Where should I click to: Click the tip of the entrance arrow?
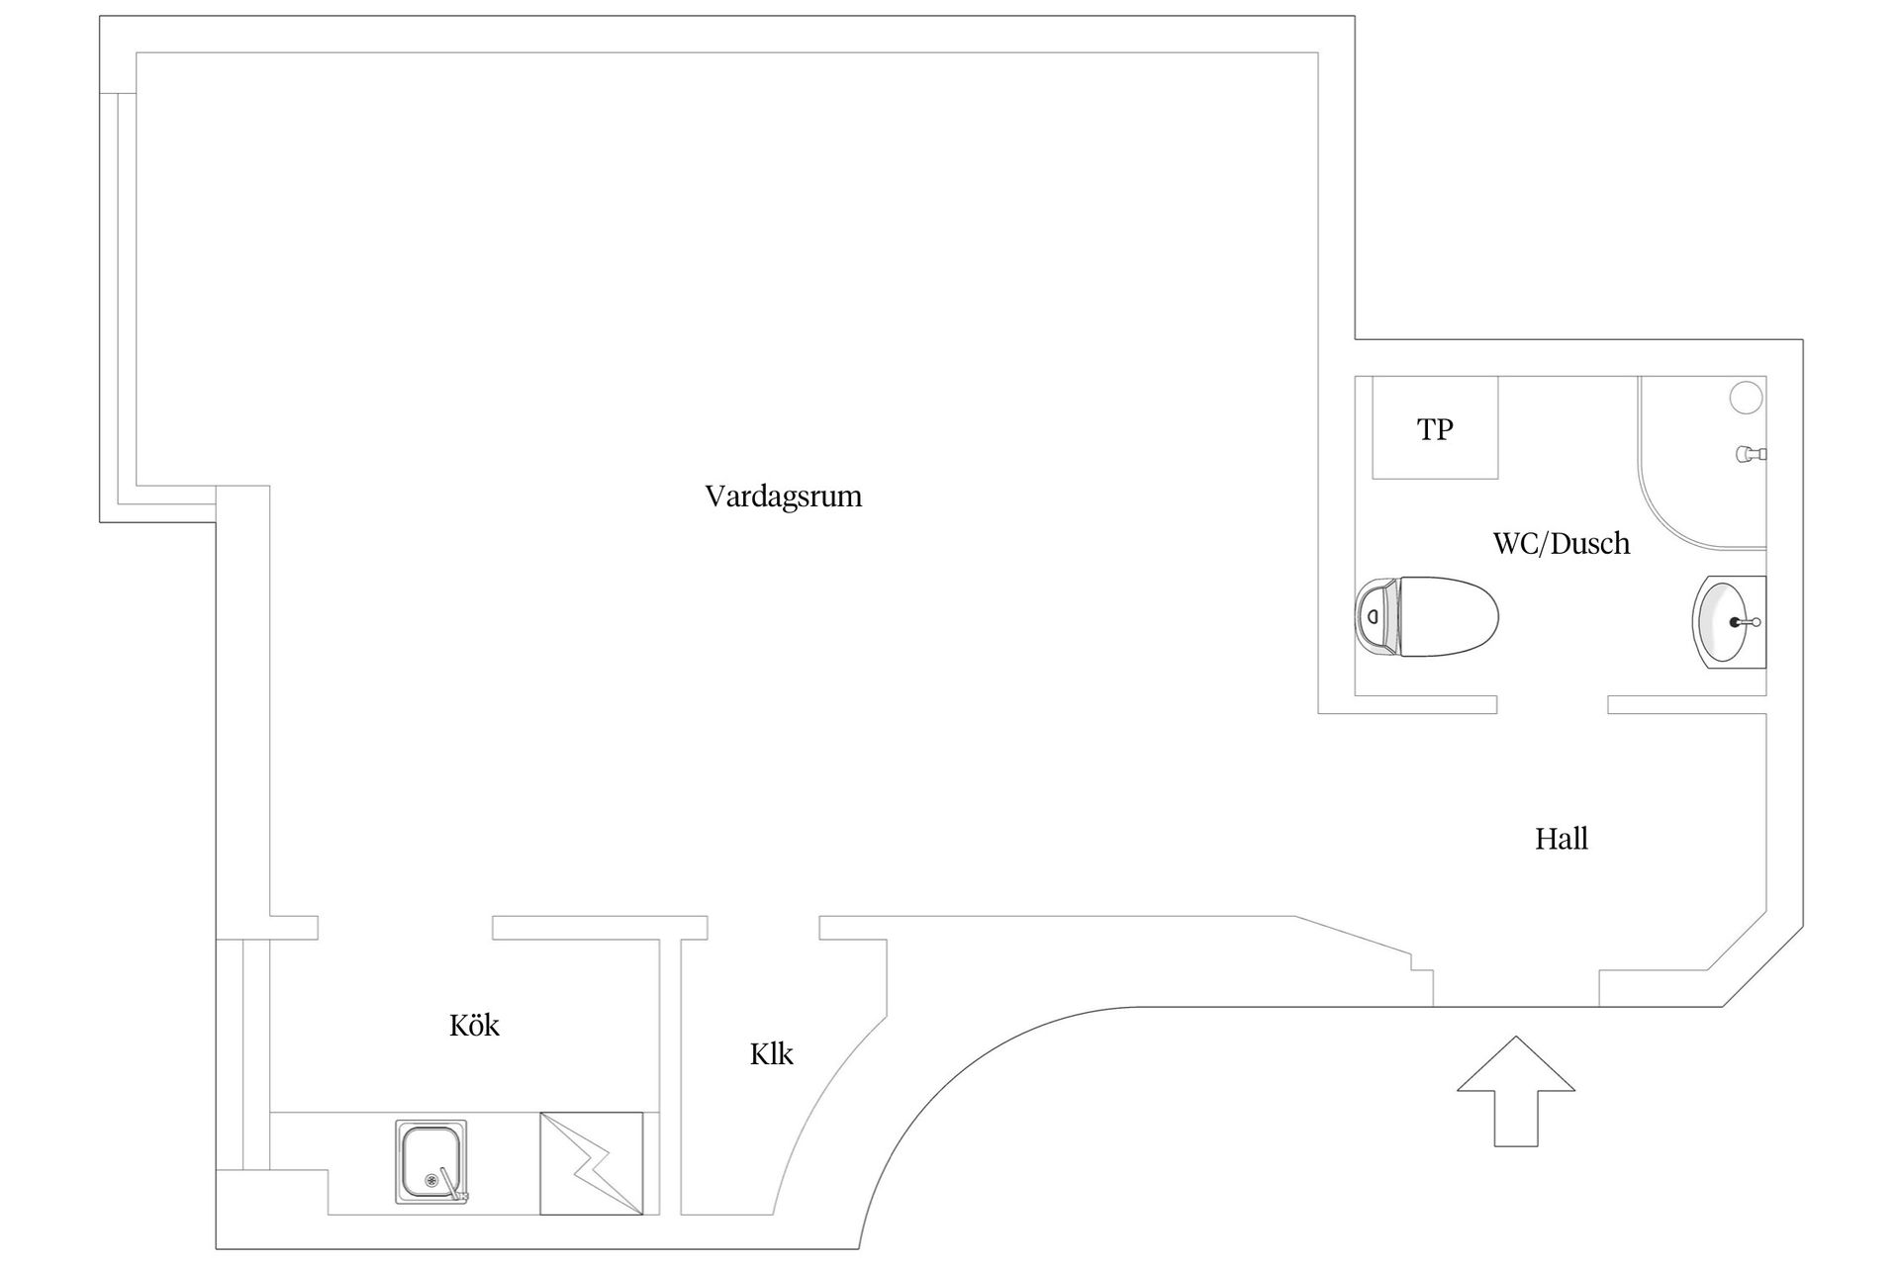(1515, 1037)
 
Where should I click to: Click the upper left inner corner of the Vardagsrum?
(136, 52)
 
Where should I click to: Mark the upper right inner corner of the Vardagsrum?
(1318, 52)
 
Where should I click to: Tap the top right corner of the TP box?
(1497, 377)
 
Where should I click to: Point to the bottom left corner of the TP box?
(1373, 479)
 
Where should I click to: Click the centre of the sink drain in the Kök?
(430, 1180)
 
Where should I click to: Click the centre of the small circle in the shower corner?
(1746, 398)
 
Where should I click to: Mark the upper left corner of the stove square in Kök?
(540, 1113)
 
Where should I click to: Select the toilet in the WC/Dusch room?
(1426, 617)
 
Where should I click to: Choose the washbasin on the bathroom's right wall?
(1729, 621)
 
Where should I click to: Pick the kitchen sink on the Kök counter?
(431, 1162)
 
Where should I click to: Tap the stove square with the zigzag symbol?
(592, 1163)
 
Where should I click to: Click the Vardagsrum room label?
(784, 496)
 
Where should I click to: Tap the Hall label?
(1562, 839)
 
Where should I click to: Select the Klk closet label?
(772, 1053)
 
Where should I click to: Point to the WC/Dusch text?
(1562, 543)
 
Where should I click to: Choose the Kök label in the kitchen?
(474, 1025)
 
